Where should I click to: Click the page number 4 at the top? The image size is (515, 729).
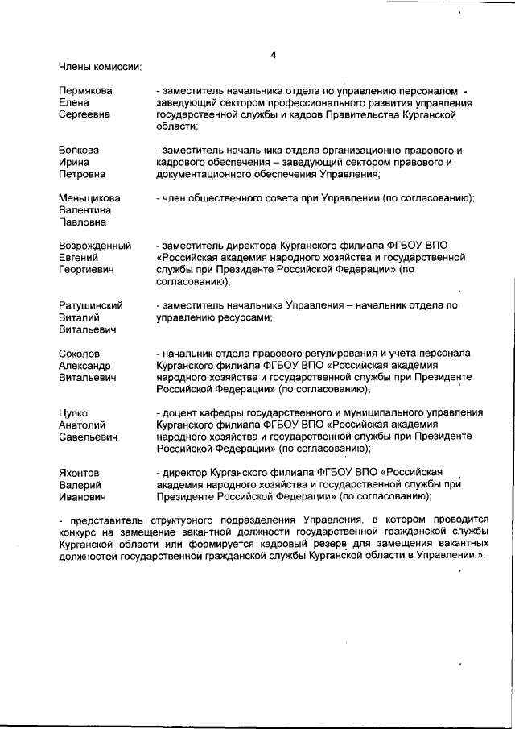click(274, 54)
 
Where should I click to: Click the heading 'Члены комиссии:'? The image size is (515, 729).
click(101, 66)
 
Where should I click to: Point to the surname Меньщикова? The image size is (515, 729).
click(89, 198)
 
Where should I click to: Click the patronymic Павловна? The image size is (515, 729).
click(83, 222)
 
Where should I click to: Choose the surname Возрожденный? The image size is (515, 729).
click(95, 246)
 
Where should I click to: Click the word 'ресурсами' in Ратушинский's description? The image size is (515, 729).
click(244, 317)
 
